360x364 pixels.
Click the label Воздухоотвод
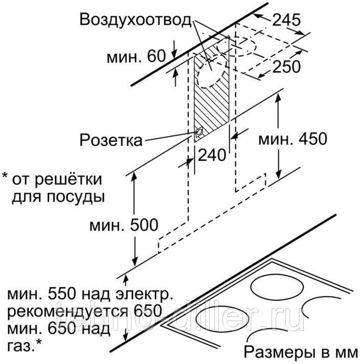tap(135, 21)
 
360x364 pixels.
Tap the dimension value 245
tap(286, 20)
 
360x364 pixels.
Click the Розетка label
tap(111, 140)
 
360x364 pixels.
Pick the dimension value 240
tap(211, 155)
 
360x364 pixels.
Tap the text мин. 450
tap(292, 139)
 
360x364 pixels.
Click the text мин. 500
tap(123, 224)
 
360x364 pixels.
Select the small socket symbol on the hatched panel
tap(198, 134)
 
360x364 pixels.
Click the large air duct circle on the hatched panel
tap(212, 77)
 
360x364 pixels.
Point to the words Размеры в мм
tap(299, 352)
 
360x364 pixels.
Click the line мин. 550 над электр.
tap(87, 294)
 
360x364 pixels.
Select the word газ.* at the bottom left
tap(25, 345)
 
